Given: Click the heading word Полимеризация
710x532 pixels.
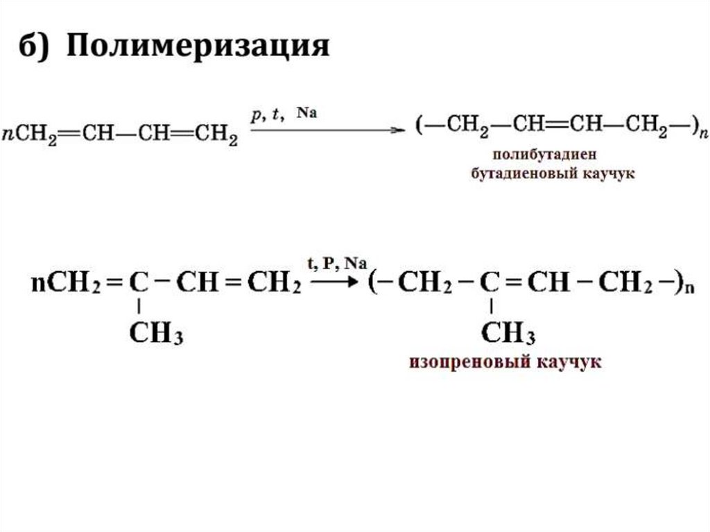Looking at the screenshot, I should click(x=198, y=49).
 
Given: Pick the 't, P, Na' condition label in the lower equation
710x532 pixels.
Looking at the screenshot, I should click(x=336, y=263).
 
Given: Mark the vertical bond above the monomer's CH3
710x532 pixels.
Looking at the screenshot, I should click(x=139, y=306).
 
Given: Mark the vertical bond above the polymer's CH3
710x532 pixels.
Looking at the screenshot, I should click(x=491, y=306).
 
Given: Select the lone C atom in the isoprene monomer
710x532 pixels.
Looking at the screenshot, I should click(x=139, y=282).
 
